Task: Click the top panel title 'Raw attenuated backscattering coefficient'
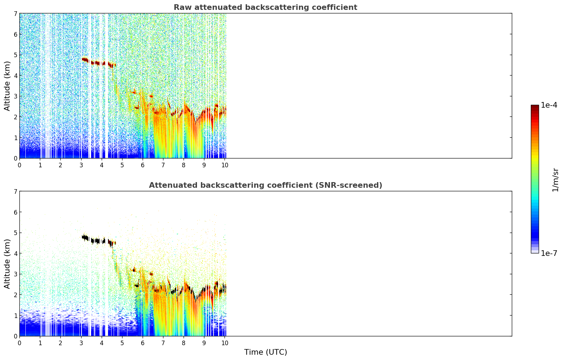pyautogui.click(x=265, y=7)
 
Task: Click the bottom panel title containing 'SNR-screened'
pyautogui.click(x=265, y=185)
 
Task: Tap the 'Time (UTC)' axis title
pyautogui.click(x=265, y=352)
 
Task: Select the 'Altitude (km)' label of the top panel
pyautogui.click(x=7, y=86)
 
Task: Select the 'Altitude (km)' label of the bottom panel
pyautogui.click(x=7, y=263)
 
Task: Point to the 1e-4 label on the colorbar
pyautogui.click(x=549, y=105)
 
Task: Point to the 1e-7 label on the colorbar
pyautogui.click(x=549, y=253)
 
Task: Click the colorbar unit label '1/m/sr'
pyautogui.click(x=555, y=180)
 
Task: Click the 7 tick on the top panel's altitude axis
pyautogui.click(x=15, y=13)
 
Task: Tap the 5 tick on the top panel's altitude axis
pyautogui.click(x=15, y=55)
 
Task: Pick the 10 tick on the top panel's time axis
pyautogui.click(x=225, y=165)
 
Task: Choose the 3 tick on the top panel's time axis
pyautogui.click(x=81, y=165)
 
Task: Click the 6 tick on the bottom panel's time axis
pyautogui.click(x=143, y=343)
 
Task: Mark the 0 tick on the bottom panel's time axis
pyautogui.click(x=20, y=343)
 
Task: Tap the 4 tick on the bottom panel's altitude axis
pyautogui.click(x=15, y=253)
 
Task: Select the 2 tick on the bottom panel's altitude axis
pyautogui.click(x=15, y=295)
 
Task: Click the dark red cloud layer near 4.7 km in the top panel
pyautogui.click(x=98, y=63)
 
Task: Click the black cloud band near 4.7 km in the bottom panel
pyautogui.click(x=98, y=241)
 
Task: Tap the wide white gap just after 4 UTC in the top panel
pyautogui.click(x=107, y=86)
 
